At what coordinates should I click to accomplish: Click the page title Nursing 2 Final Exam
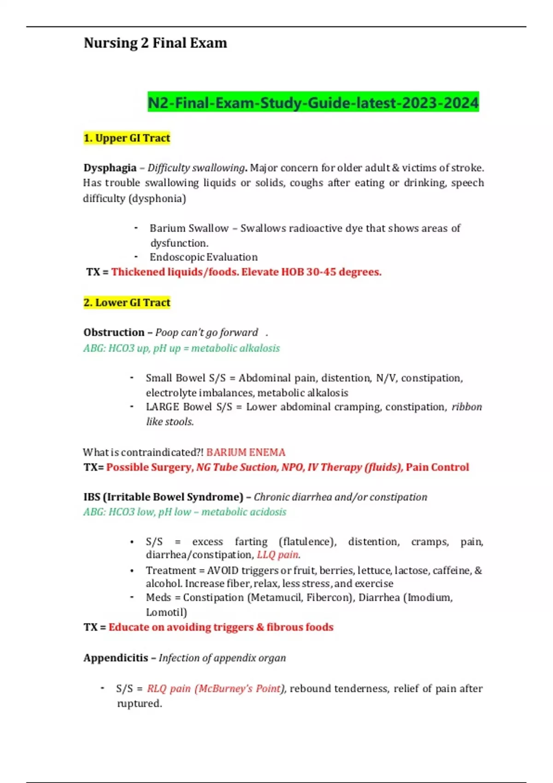[x=155, y=43]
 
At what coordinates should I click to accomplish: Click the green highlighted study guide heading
[x=313, y=102]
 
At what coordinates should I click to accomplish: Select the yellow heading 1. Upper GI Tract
[x=127, y=138]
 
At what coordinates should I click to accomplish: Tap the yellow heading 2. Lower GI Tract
[x=127, y=303]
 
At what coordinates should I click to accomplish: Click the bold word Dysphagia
[x=110, y=168]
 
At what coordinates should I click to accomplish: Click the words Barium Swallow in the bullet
[x=189, y=228]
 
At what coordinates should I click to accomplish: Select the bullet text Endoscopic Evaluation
[x=203, y=257]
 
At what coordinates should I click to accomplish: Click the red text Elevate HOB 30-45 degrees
[x=312, y=272]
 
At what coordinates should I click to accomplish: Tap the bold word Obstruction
[x=114, y=333]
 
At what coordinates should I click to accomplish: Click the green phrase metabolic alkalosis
[x=235, y=348]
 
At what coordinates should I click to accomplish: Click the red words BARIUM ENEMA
[x=246, y=452]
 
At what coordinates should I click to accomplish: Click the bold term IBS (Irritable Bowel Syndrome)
[x=163, y=497]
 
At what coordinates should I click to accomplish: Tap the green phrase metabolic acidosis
[x=244, y=512]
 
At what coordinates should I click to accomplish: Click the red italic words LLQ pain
[x=278, y=555]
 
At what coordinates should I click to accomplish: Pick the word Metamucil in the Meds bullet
[x=276, y=598]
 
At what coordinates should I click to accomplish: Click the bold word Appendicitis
[x=116, y=658]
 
